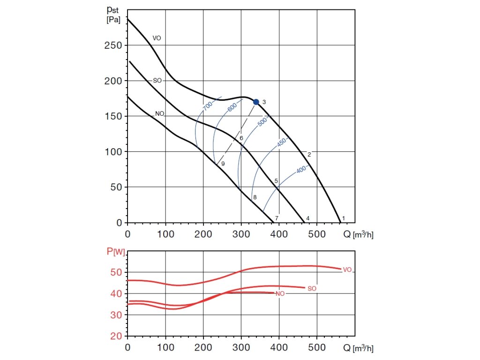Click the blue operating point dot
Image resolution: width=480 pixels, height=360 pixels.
point(256,102)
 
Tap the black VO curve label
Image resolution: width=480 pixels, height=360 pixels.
point(157,38)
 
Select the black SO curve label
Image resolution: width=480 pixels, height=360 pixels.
point(157,81)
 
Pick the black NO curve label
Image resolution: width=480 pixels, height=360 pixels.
point(160,114)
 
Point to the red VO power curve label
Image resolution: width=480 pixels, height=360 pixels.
point(347,270)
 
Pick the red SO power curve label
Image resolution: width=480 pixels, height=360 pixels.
point(312,289)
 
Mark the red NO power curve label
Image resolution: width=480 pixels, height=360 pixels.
point(280,294)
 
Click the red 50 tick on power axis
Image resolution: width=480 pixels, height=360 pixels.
point(116,272)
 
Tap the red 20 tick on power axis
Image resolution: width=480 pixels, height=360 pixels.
point(116,337)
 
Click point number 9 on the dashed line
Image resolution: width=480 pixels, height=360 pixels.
point(223,164)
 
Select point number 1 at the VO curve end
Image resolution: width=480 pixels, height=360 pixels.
point(344,218)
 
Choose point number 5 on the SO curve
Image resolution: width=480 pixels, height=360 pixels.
point(277,181)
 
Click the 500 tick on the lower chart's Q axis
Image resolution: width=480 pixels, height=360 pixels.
point(317,348)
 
